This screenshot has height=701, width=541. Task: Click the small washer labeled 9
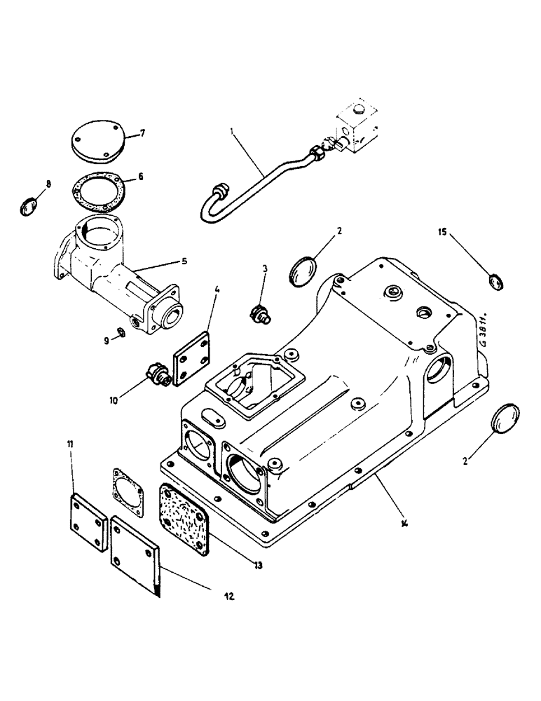pos(121,332)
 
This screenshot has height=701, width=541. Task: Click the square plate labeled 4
pos(191,360)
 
